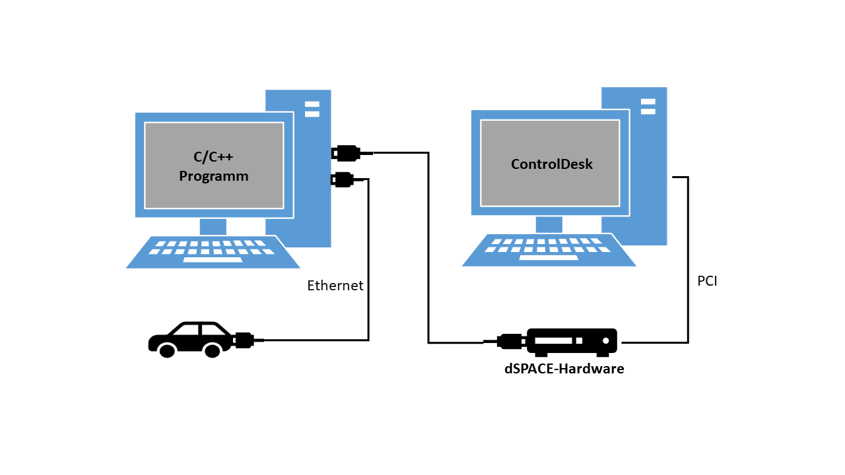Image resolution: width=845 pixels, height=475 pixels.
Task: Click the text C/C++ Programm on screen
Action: click(x=213, y=166)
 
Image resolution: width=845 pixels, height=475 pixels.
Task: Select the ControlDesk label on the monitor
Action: click(x=551, y=164)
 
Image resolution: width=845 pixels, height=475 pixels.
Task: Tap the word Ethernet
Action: click(x=335, y=286)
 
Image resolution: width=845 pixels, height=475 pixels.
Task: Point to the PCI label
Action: click(x=707, y=281)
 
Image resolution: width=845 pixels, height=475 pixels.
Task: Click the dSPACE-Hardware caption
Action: click(x=564, y=369)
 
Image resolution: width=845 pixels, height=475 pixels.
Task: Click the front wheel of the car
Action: click(x=167, y=351)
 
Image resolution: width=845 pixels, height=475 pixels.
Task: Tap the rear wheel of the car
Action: click(x=212, y=351)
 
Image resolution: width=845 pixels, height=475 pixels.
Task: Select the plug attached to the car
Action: click(x=244, y=340)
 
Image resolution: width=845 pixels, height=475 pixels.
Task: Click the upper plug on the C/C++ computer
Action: click(x=347, y=153)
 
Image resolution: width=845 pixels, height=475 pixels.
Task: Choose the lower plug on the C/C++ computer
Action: click(x=343, y=179)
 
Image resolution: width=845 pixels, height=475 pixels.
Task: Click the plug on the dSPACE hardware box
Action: click(x=510, y=341)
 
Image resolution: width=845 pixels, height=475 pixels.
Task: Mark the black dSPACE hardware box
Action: click(x=572, y=341)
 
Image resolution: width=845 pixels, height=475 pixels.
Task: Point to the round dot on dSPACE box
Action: click(x=605, y=340)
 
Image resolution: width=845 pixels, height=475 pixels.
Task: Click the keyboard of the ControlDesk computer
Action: click(x=548, y=250)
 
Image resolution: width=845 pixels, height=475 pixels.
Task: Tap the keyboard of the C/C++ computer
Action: click(x=213, y=252)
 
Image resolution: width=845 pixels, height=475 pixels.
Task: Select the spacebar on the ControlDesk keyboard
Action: click(x=549, y=257)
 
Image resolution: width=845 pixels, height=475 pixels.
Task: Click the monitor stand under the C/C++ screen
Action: click(x=213, y=226)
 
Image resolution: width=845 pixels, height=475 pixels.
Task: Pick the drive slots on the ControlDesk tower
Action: click(x=648, y=106)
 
